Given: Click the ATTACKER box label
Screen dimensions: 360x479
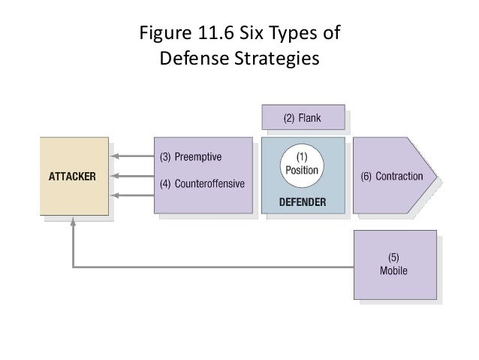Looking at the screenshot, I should coord(71,177).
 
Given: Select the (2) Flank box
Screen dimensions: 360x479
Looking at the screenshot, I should coord(302,118).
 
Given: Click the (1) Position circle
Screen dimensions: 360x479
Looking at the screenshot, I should coord(303,165).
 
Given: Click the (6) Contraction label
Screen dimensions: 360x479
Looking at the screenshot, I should coord(392,177).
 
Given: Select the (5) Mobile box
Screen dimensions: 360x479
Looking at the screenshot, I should coord(395,265).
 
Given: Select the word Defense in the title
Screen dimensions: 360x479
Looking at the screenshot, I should coord(194,57).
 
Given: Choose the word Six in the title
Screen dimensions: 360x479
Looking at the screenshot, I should coord(252,34).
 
